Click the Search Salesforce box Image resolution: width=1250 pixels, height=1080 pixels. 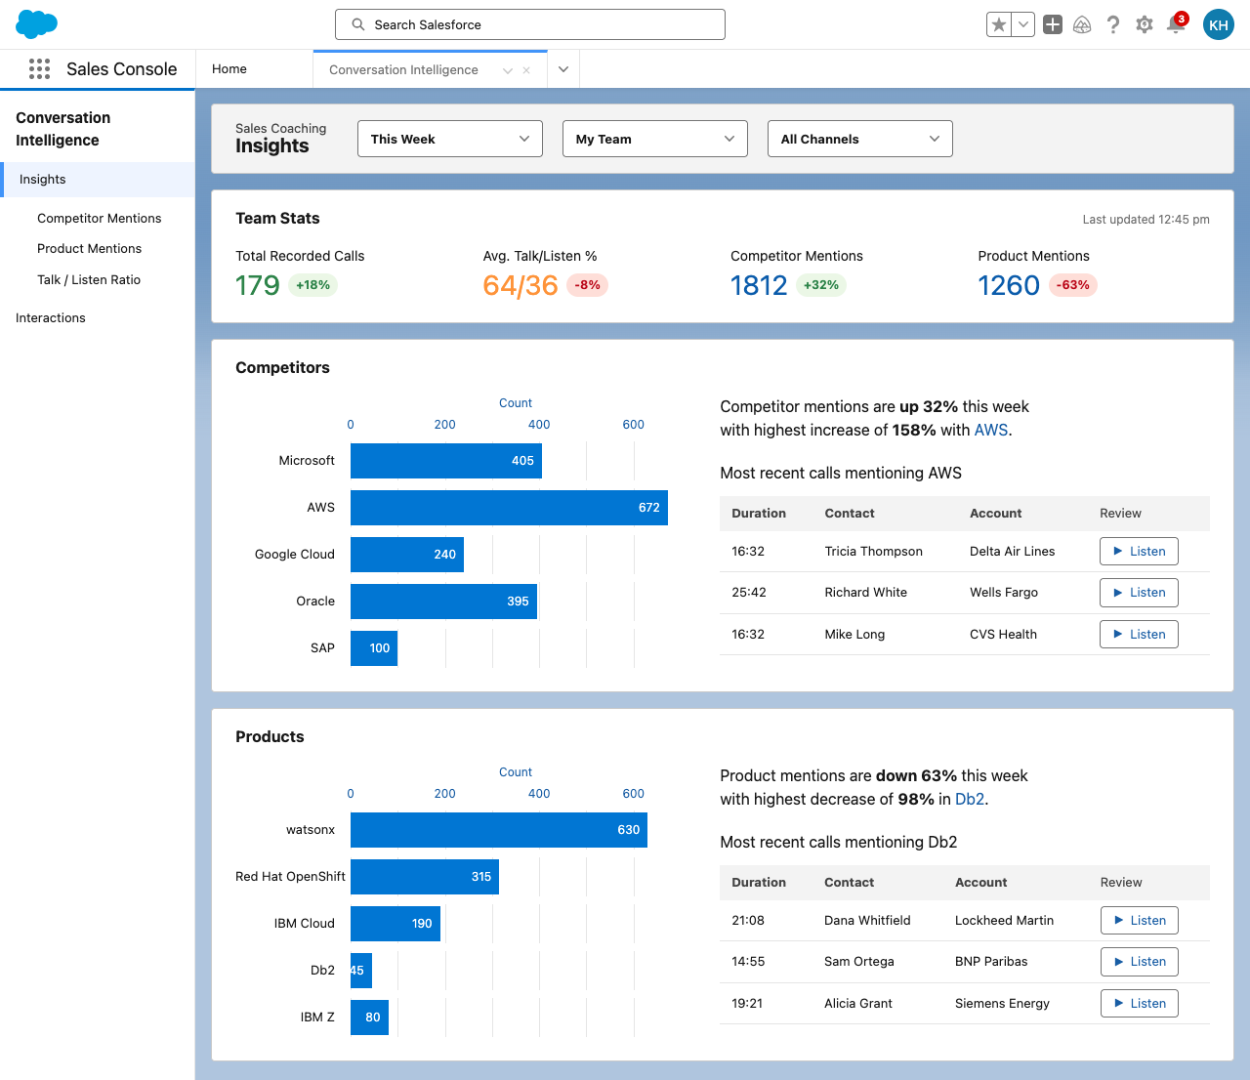point(529,24)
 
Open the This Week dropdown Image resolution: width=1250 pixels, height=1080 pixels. point(449,139)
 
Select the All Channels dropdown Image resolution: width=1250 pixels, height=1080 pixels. point(859,139)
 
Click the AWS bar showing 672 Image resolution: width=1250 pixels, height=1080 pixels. point(509,508)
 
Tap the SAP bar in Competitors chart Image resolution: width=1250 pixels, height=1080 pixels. point(374,648)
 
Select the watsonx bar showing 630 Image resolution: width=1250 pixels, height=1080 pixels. point(499,830)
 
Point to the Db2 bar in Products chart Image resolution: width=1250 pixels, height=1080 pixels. point(361,971)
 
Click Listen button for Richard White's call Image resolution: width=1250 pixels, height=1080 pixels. point(1138,593)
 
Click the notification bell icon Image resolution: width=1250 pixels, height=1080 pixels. point(1176,24)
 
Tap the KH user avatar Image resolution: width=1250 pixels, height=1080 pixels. point(1218,24)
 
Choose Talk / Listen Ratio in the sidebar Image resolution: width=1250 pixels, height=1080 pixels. point(89,280)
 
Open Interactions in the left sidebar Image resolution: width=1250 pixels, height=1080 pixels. point(51,318)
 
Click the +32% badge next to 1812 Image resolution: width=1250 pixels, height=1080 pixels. point(820,285)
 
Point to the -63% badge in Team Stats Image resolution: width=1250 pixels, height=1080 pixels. point(1072,285)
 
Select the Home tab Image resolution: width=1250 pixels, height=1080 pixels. point(229,69)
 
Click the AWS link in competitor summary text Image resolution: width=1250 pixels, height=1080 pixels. point(990,430)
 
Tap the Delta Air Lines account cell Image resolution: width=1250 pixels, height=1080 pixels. point(1012,552)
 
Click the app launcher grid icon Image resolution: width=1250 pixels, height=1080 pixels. point(39,69)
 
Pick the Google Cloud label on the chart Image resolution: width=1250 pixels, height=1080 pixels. point(294,555)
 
